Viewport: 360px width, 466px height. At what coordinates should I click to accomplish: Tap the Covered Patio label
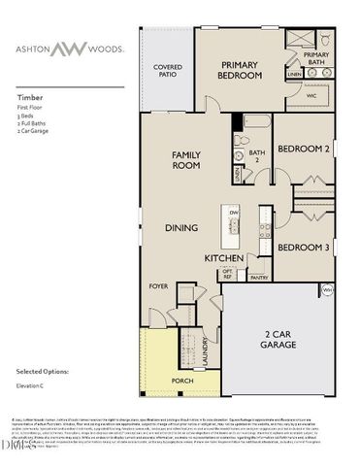tap(169, 71)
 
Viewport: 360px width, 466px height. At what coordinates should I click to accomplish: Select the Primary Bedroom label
tap(238, 69)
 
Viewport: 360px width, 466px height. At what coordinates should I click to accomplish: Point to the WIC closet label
tap(311, 96)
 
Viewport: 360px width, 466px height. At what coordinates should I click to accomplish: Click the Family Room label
tap(186, 160)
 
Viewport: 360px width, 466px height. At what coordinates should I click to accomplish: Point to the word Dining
tap(180, 227)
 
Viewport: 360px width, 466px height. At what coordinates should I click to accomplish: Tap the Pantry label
tap(259, 278)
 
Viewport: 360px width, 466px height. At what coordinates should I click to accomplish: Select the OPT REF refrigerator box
tap(228, 274)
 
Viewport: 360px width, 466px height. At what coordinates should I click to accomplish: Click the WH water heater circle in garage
tap(327, 290)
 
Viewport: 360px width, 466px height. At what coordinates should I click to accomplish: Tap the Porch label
tap(180, 380)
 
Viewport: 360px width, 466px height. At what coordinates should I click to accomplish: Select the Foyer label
tap(158, 287)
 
